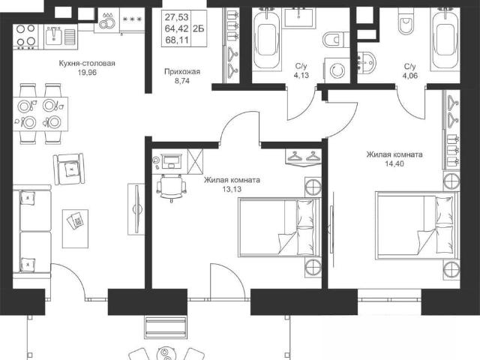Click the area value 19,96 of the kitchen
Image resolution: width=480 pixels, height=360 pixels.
(x=87, y=73)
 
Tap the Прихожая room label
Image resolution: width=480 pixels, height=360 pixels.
(x=182, y=72)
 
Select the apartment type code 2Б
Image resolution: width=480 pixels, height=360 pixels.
(x=199, y=28)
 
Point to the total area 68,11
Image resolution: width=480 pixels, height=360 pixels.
(x=177, y=40)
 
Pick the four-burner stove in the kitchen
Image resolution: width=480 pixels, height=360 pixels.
(x=25, y=37)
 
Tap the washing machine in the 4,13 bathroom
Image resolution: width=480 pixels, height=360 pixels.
(x=337, y=70)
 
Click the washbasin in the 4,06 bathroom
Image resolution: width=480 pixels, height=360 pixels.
(x=367, y=63)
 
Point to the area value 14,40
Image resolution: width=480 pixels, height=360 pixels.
(x=394, y=163)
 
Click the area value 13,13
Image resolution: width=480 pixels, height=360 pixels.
(x=232, y=189)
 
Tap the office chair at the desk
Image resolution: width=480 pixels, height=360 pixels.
(x=171, y=187)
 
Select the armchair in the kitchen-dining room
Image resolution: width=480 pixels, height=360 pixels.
(x=69, y=169)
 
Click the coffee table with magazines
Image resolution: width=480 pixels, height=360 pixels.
(x=75, y=228)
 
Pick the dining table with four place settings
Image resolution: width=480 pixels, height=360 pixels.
(x=40, y=114)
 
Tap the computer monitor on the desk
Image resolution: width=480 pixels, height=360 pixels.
(x=172, y=160)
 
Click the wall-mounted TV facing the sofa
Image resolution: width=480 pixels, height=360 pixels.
(x=136, y=209)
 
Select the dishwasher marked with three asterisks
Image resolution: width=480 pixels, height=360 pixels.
(x=132, y=19)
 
